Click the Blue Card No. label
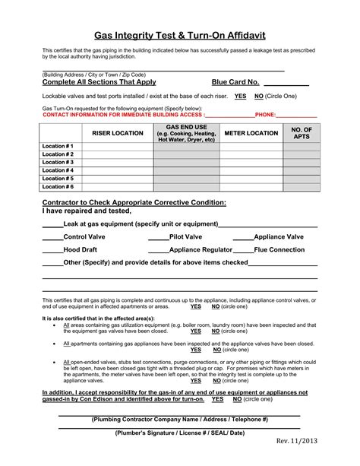pos(235,82)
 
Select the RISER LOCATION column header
pos(117,134)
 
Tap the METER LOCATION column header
pos(251,134)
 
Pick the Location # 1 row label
pos(58,146)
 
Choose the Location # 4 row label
pos(58,170)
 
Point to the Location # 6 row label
pos(58,186)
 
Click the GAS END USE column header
pos(186,134)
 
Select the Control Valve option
pos(84,237)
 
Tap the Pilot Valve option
pos(185,237)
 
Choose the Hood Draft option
pos(80,249)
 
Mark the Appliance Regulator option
pos(201,249)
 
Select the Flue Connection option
pos(279,249)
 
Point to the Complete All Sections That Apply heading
pos(99,82)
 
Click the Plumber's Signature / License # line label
pos(180,432)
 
